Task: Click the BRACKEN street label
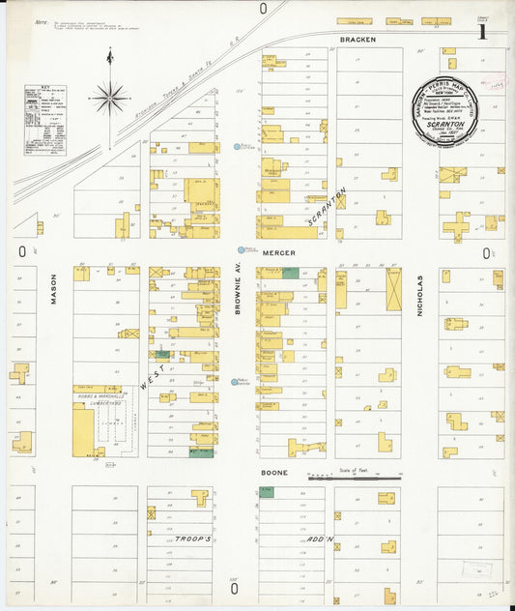click(x=358, y=40)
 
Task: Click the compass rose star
click(x=110, y=97)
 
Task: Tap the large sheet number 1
click(x=481, y=32)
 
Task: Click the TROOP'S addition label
click(x=192, y=538)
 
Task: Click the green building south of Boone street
click(x=266, y=492)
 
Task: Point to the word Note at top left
click(x=41, y=20)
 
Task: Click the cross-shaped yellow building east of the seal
click(x=456, y=226)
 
